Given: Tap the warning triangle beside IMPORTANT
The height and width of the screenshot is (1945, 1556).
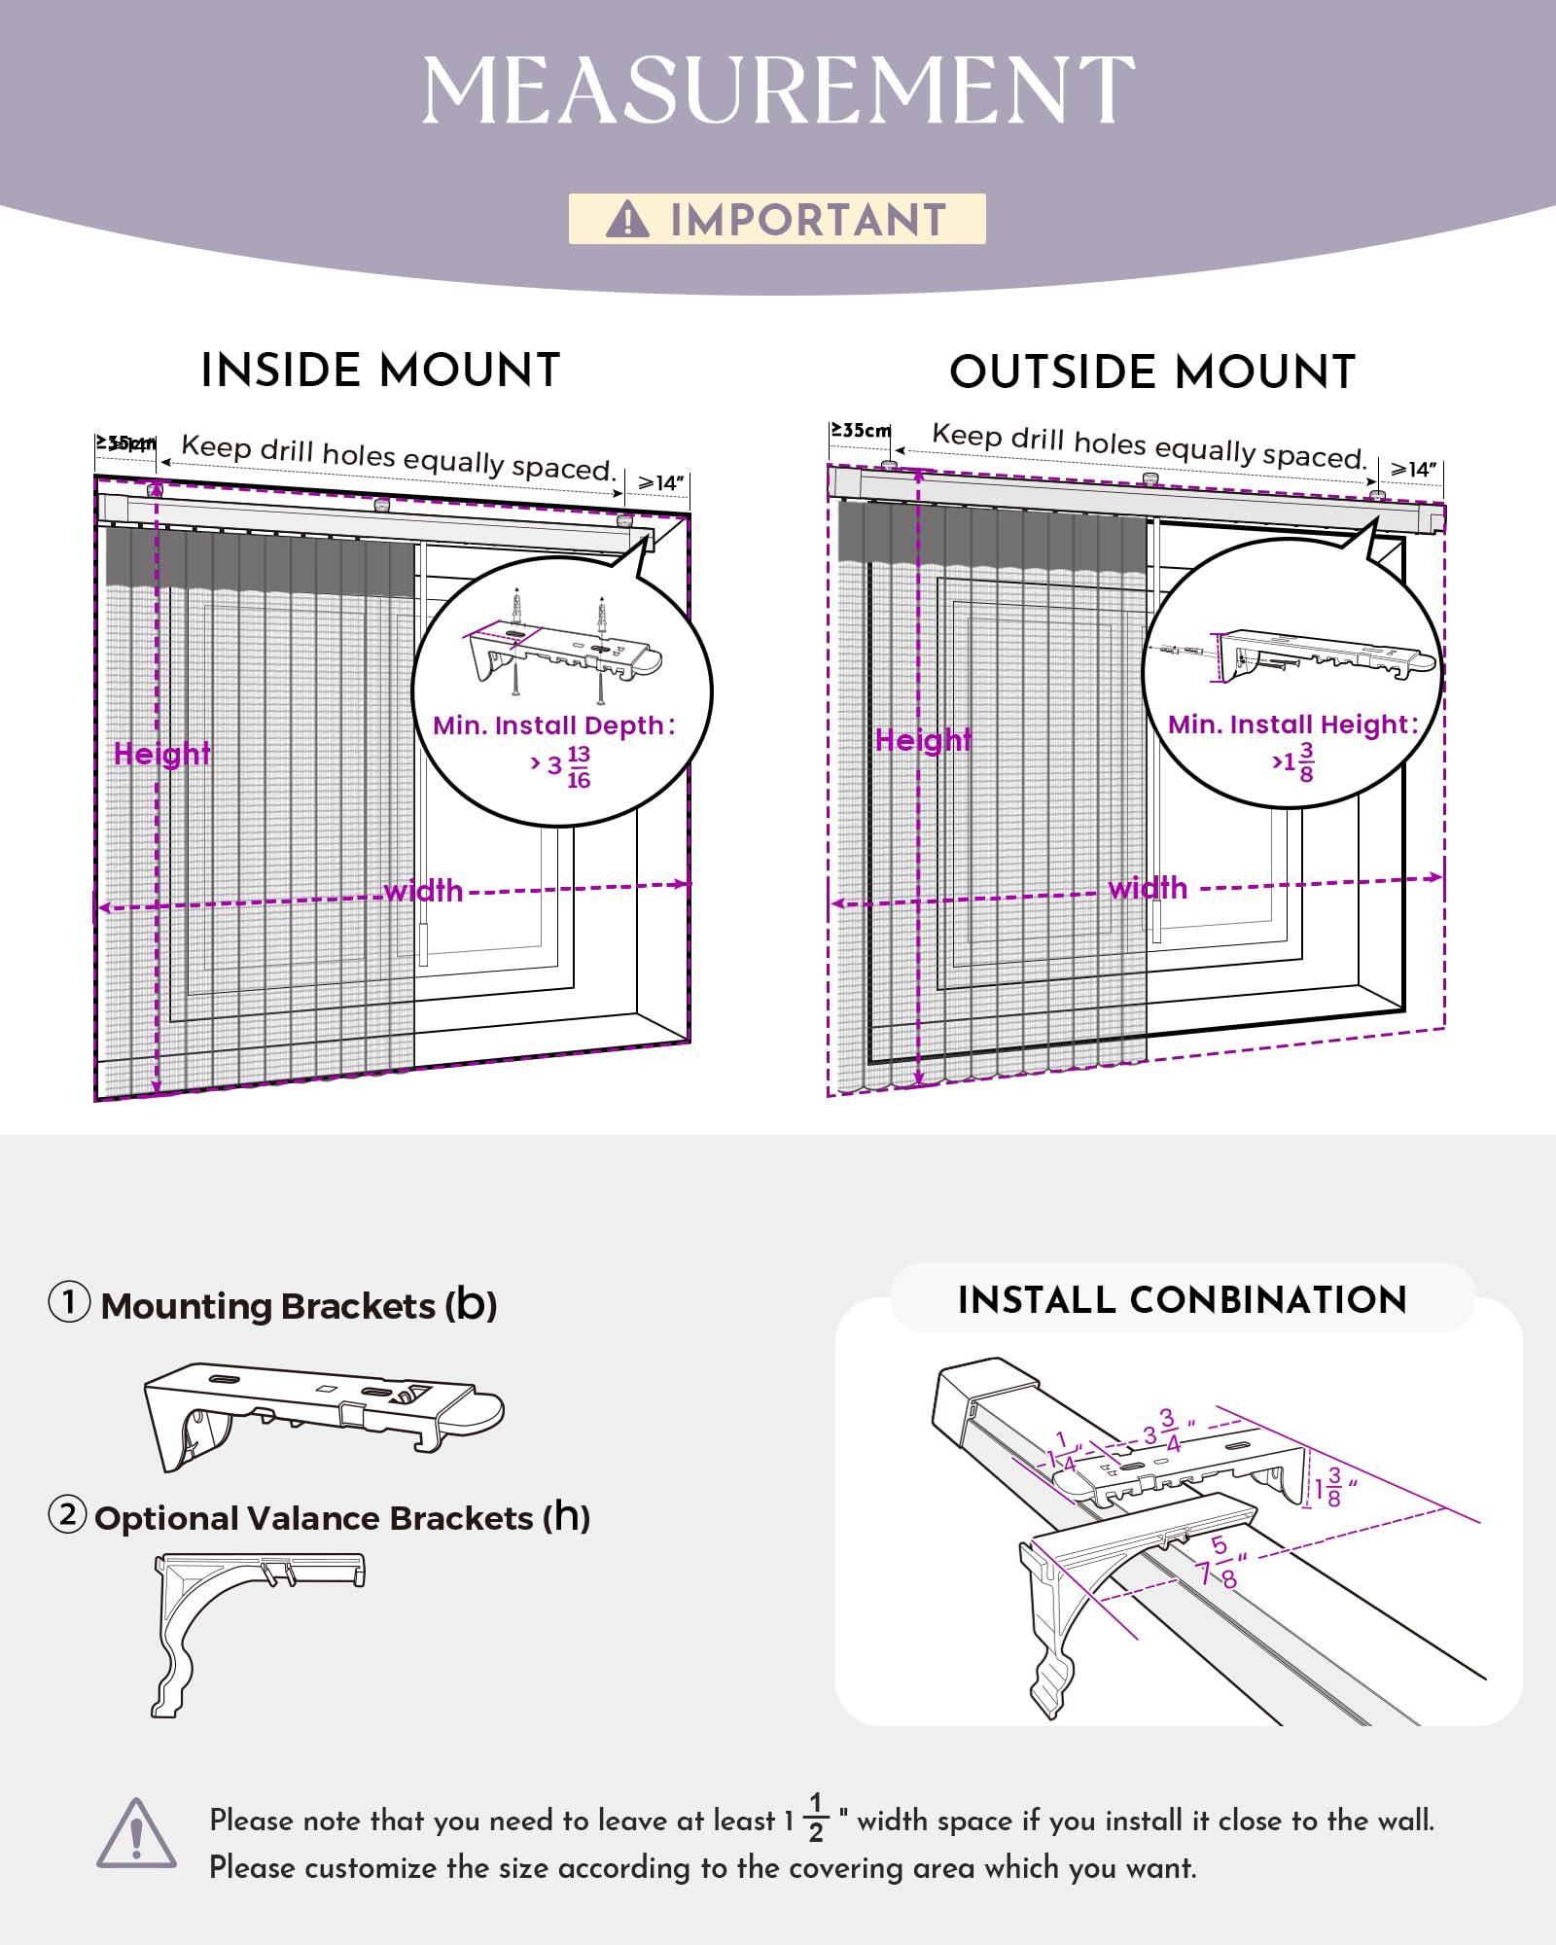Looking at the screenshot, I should coord(627,220).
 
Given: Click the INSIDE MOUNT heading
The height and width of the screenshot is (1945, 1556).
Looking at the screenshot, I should coord(380,371).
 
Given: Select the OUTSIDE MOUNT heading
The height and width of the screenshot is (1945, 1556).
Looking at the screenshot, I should coord(1152,372).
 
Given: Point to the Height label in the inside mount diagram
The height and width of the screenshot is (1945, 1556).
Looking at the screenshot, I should coord(161,754).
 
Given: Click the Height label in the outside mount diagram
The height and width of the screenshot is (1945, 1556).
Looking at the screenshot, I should coord(923,740).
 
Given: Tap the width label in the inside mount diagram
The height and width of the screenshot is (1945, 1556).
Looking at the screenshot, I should coord(423,891).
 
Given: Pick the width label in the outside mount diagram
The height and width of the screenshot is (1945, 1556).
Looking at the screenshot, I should coord(1148,888).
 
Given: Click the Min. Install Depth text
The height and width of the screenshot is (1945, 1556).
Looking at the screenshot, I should coord(553,725).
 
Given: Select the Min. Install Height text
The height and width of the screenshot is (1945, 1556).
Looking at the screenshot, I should coord(1292,725).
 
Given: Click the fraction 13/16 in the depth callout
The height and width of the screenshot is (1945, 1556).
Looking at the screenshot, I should coord(579,767).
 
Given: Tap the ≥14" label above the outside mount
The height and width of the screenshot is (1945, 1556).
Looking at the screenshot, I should coord(1413,470).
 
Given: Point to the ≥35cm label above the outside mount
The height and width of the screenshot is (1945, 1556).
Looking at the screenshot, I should coord(861,430).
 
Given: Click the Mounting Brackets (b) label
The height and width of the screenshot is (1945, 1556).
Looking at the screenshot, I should coord(299,1305).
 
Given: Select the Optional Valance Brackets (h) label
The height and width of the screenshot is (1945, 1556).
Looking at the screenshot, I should coord(342,1518).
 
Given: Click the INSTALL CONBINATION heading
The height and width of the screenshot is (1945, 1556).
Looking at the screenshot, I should coord(1182,1300).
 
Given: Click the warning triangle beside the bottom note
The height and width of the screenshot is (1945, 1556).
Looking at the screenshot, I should coord(137,1833).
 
